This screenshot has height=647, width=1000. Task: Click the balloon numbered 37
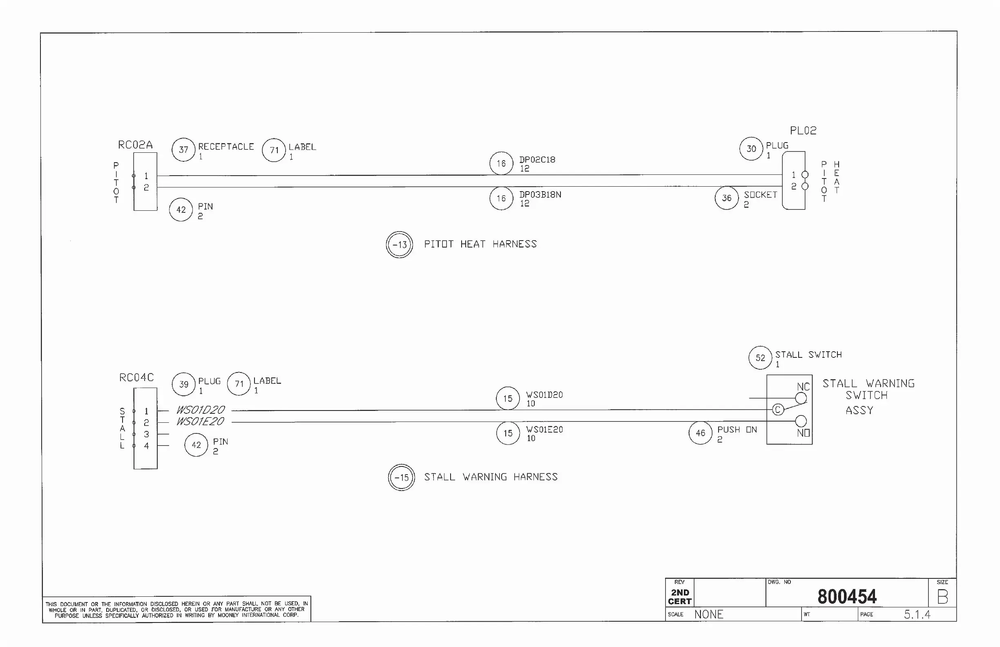click(183, 149)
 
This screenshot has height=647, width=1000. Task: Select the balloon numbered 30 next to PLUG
click(751, 149)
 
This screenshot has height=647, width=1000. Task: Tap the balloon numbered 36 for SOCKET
click(726, 198)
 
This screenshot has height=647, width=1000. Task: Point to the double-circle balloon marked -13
click(400, 245)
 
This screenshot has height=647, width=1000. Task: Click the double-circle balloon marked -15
click(402, 477)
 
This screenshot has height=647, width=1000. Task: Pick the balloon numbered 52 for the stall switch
click(760, 358)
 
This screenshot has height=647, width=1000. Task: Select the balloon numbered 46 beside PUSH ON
click(701, 433)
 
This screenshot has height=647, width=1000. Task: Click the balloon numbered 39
click(183, 384)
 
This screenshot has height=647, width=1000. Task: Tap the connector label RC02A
click(135, 145)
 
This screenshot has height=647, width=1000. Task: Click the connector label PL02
click(803, 131)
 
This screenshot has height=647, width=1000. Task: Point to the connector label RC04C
click(136, 377)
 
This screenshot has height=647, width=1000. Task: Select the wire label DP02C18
click(537, 160)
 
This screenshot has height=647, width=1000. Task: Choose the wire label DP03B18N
click(540, 194)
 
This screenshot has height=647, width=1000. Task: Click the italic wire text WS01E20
click(200, 422)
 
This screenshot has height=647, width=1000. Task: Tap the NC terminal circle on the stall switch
click(801, 398)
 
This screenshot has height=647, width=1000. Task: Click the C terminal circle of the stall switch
click(778, 410)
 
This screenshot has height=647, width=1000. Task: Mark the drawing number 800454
click(847, 597)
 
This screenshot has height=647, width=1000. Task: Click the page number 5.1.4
click(917, 615)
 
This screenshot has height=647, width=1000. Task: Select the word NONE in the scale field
click(708, 615)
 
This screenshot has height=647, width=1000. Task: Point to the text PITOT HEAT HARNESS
click(480, 244)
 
